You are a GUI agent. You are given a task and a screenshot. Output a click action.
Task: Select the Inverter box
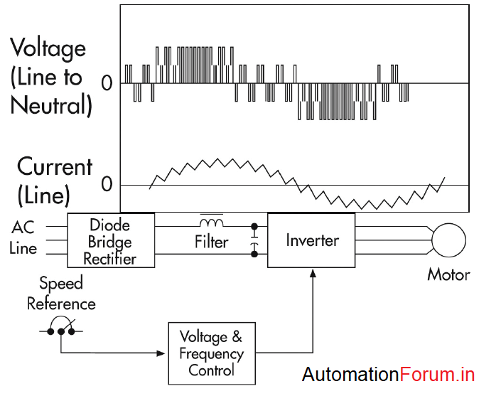pos(312,240)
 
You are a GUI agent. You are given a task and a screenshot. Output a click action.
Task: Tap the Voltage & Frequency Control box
pos(211,353)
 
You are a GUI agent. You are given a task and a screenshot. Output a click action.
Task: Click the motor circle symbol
pos(448,239)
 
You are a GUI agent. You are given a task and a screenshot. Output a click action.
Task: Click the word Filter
pos(212,242)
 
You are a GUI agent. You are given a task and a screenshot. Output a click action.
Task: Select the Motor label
pos(448,274)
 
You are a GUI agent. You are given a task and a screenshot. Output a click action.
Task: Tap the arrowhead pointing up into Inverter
pos(313,274)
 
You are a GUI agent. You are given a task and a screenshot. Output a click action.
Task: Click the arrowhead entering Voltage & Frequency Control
pos(162,353)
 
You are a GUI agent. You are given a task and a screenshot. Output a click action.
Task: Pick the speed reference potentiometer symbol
pos(61,331)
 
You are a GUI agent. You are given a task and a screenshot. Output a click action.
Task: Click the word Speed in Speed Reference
pos(61,284)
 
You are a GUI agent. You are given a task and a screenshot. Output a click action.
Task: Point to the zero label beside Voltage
pos(107,83)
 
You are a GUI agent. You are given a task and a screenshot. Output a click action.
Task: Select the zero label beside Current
pos(107,185)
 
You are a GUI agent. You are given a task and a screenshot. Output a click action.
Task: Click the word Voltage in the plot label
pos(48,50)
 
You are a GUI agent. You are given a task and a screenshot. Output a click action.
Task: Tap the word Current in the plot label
pos(55,167)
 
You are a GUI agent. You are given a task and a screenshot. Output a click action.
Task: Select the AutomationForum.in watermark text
pos(388,375)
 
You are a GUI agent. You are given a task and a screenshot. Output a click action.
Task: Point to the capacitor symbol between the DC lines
pos(254,240)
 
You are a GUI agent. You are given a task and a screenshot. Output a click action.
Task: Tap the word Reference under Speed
pos(61,304)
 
